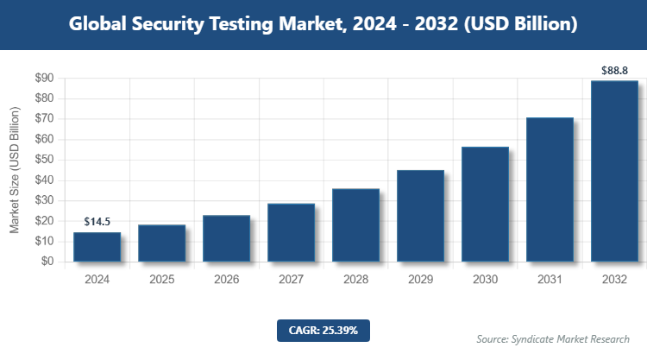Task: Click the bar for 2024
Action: coord(97,247)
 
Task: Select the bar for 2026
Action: coord(226,238)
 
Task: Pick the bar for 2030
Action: coord(485,204)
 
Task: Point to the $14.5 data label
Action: coord(97,222)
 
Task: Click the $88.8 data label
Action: coord(614,70)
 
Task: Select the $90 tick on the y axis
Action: coord(43,79)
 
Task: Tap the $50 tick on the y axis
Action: coord(43,160)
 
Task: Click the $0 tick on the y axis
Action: coord(47,262)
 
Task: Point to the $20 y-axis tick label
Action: coord(43,221)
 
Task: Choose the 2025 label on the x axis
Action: coord(161,280)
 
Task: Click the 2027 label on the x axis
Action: coord(291,280)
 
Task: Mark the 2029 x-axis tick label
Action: coord(420,280)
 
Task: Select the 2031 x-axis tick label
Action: coord(550,280)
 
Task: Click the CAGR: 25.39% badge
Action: coord(323,330)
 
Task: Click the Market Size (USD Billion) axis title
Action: coord(15,170)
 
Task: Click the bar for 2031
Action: coord(550,189)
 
